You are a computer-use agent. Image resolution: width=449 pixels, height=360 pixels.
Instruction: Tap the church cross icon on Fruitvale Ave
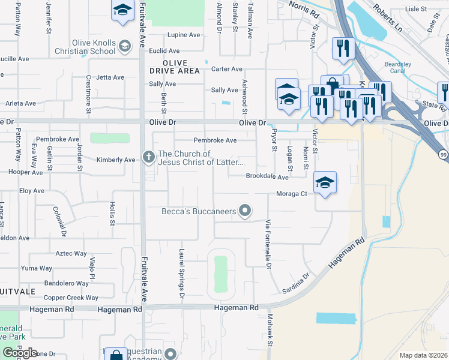point(148,157)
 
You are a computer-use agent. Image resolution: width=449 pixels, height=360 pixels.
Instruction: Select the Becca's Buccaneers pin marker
point(244,211)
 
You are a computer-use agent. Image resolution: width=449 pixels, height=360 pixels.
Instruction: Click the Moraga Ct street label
point(292,194)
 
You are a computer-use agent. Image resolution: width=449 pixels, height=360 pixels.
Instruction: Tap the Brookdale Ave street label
point(267,177)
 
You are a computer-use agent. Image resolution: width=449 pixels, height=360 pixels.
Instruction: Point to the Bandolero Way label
point(67,283)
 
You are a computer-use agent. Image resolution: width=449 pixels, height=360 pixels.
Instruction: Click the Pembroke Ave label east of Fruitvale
point(215,140)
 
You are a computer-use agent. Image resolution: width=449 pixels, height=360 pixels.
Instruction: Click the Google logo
point(20,353)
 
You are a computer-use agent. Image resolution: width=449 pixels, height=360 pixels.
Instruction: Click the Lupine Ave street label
point(184,35)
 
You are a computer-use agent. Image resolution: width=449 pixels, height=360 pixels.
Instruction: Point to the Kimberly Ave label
point(116,160)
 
